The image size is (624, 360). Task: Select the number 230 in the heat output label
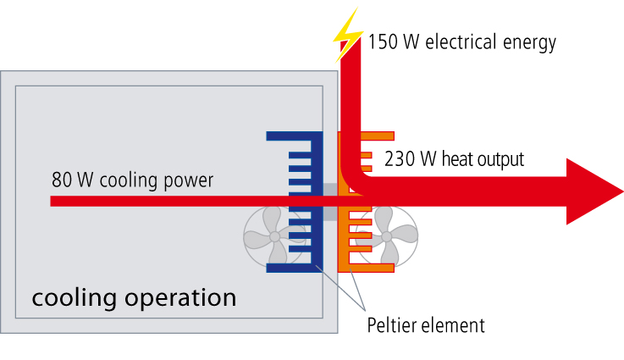(x=400, y=158)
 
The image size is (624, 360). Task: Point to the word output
(x=497, y=158)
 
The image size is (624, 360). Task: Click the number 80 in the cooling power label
(x=61, y=180)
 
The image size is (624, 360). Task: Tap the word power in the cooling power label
(x=190, y=180)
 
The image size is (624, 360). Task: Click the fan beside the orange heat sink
(x=386, y=235)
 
